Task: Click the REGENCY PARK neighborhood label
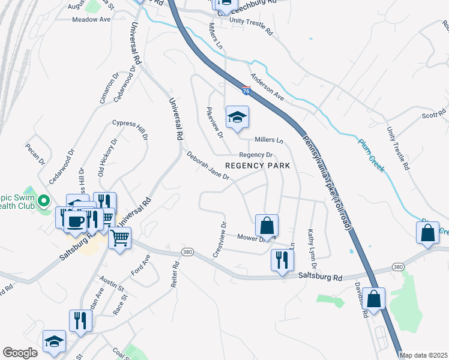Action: [x=258, y=166]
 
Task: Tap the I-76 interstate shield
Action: [x=247, y=91]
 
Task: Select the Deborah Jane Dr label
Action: [x=208, y=166]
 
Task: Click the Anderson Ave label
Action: [x=267, y=86]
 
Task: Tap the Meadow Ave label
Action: [x=91, y=19]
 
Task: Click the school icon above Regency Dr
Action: [x=237, y=117]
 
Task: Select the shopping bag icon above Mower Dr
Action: [x=267, y=226]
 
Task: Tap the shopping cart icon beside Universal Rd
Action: [x=119, y=238]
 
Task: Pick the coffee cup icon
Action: [x=76, y=221]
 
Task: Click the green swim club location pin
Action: [x=43, y=200]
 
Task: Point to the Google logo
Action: [x=20, y=353]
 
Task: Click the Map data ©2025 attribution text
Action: [x=423, y=355]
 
